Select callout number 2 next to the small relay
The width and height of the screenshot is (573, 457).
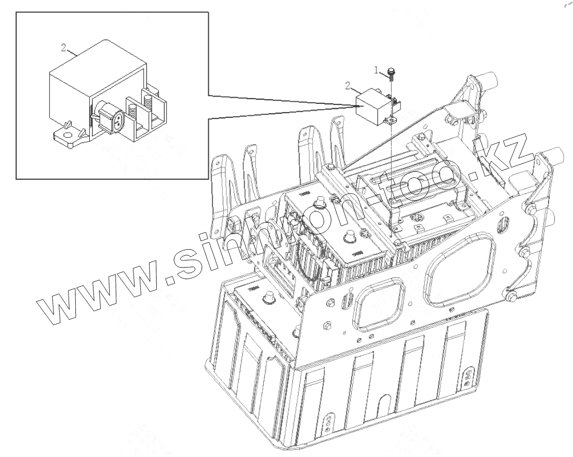coord(347,85)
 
